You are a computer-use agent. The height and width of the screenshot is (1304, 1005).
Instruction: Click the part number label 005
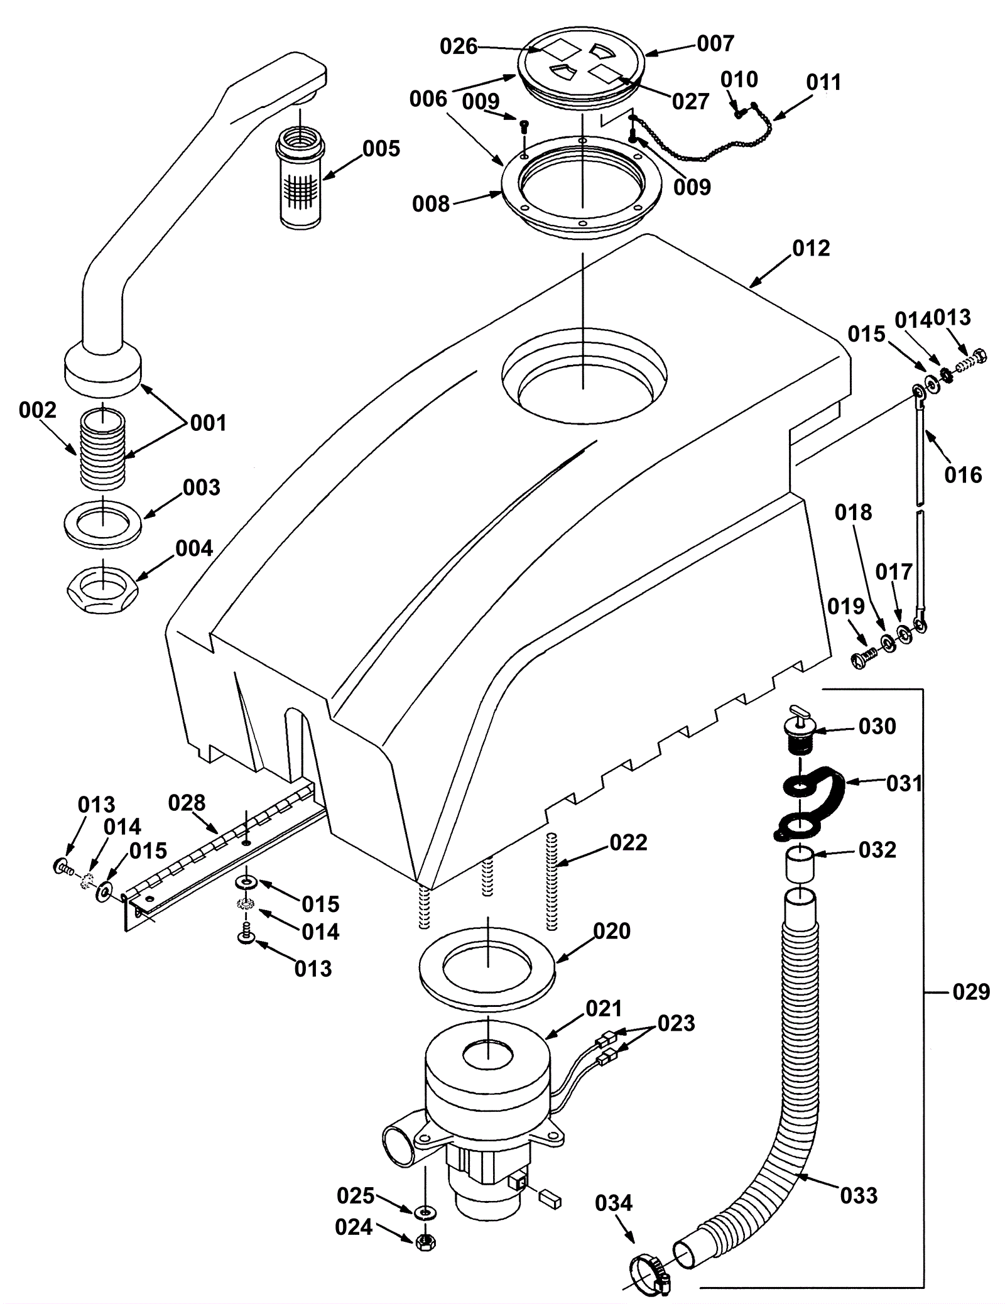[381, 149]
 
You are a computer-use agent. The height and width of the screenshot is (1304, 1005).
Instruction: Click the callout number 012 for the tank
[811, 248]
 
